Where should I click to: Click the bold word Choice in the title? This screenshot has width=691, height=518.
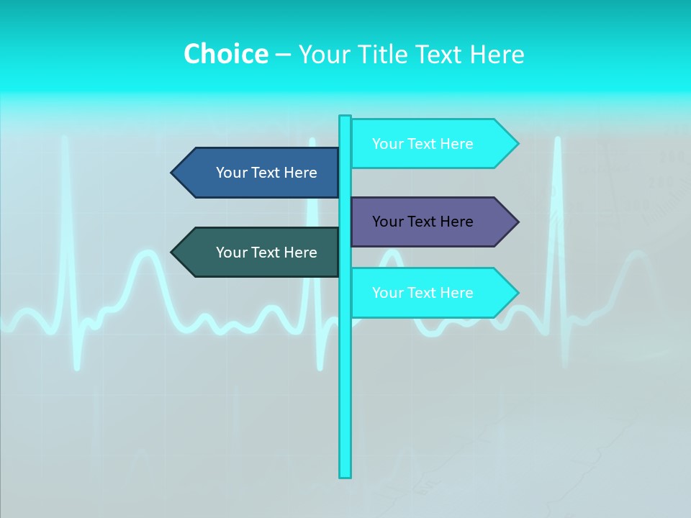point(225,54)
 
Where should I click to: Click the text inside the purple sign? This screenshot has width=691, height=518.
point(423,222)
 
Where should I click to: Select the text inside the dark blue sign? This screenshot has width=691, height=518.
point(266,173)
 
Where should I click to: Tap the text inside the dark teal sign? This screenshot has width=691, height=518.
point(266,253)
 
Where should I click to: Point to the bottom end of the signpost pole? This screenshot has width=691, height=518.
point(345,474)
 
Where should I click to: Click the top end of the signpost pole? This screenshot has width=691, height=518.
point(345,119)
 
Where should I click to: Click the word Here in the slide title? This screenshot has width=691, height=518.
point(497,54)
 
